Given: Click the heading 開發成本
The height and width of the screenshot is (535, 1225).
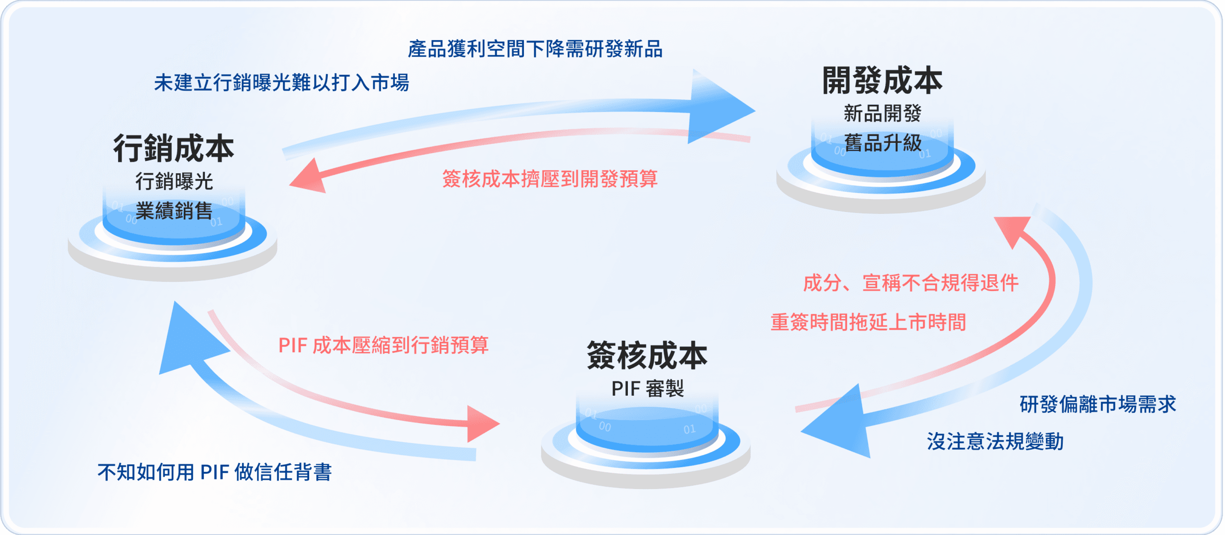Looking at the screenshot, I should tap(882, 81).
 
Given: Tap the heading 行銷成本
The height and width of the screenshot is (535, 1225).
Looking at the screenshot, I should tap(174, 148).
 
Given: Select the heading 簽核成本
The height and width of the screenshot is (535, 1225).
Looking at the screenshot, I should tap(647, 356).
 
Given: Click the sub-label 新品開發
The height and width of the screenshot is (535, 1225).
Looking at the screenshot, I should tap(882, 114).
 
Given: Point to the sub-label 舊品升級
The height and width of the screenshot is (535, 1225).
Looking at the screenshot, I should tap(882, 143).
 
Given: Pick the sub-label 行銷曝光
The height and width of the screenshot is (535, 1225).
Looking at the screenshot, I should tap(174, 182).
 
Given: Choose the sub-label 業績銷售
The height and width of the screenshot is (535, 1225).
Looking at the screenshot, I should tap(174, 211).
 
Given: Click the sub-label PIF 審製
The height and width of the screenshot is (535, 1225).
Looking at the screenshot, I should tap(647, 389).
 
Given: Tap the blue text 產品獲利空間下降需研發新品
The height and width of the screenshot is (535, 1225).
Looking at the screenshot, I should tap(535, 49).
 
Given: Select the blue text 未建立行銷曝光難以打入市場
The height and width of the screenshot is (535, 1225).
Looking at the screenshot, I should tap(281, 83).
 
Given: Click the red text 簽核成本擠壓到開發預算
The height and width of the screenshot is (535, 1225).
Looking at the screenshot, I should tap(550, 179).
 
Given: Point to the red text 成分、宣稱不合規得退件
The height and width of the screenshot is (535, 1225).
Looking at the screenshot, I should tap(911, 283).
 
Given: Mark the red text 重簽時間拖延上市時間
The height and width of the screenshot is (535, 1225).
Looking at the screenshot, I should tap(868, 323).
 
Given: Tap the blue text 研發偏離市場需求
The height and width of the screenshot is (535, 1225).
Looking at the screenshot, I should tap(1098, 404).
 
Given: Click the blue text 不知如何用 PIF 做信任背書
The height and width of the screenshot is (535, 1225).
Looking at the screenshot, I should tap(214, 472).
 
